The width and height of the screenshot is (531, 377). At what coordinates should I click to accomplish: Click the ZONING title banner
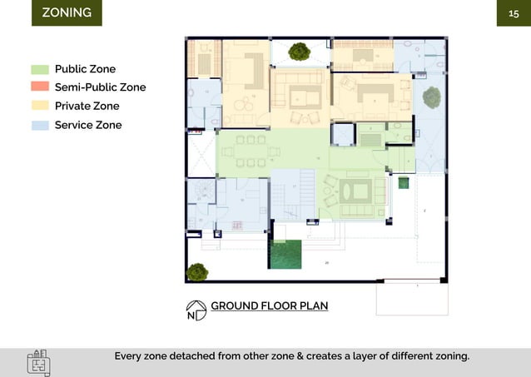[67, 13]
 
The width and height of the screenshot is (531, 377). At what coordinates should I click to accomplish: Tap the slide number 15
[514, 13]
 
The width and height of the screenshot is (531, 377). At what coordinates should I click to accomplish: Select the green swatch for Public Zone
[40, 69]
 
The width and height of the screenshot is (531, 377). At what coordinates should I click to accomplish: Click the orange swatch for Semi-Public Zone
[40, 87]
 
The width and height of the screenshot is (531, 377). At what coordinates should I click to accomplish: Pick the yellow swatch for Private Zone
[40, 106]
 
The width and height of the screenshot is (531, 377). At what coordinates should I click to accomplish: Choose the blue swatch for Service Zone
[40, 125]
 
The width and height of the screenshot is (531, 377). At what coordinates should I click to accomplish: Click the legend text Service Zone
[88, 125]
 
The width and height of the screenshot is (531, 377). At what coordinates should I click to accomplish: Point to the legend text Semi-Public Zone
[100, 87]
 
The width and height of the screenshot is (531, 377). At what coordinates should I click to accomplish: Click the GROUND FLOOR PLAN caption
[269, 305]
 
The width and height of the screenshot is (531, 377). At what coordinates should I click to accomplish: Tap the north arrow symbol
[196, 310]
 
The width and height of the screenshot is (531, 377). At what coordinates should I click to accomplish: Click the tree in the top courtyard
[299, 52]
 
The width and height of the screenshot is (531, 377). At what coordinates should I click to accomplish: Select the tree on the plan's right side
[431, 98]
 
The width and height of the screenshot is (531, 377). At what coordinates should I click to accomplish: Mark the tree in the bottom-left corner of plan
[197, 271]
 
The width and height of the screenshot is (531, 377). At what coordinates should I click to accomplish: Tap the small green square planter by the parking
[404, 183]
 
